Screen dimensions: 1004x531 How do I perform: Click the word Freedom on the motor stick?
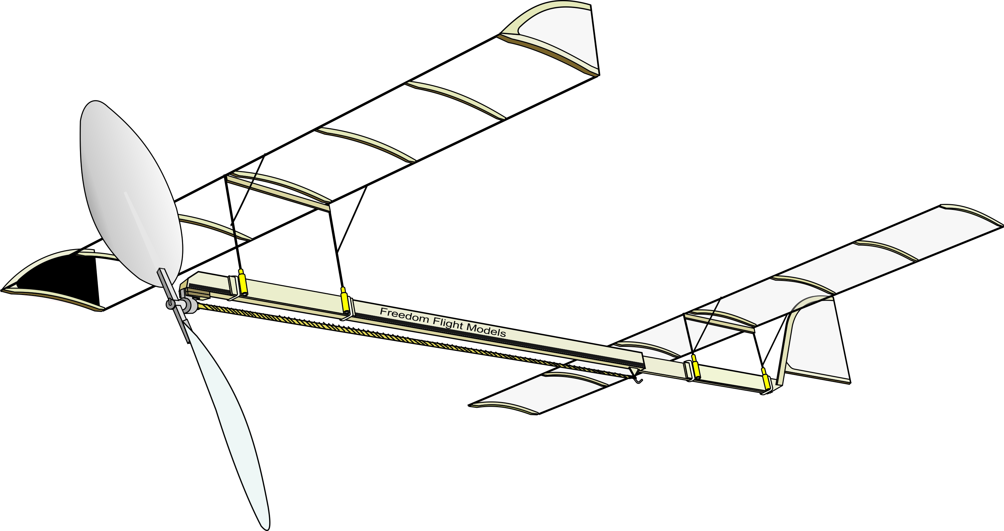click(404, 315)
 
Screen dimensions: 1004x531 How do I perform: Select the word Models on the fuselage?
click(486, 330)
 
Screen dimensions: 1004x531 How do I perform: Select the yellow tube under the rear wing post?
click(345, 301)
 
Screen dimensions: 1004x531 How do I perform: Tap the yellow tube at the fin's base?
click(766, 378)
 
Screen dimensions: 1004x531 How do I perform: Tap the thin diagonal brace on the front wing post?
click(248, 190)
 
